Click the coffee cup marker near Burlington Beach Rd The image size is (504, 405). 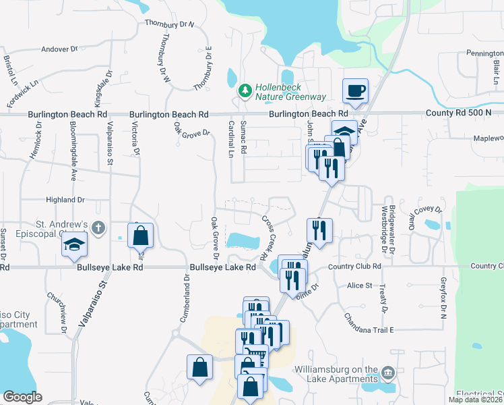click(x=355, y=90)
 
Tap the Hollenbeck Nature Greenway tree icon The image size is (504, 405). click(x=245, y=89)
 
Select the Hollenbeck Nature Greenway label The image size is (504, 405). click(x=290, y=92)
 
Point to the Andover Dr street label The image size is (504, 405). click(x=60, y=49)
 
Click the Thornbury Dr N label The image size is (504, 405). click(x=169, y=24)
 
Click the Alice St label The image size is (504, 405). click(x=359, y=286)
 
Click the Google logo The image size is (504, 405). click(x=22, y=397)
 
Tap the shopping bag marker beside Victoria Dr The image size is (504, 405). click(x=140, y=236)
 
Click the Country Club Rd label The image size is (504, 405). click(x=355, y=267)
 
